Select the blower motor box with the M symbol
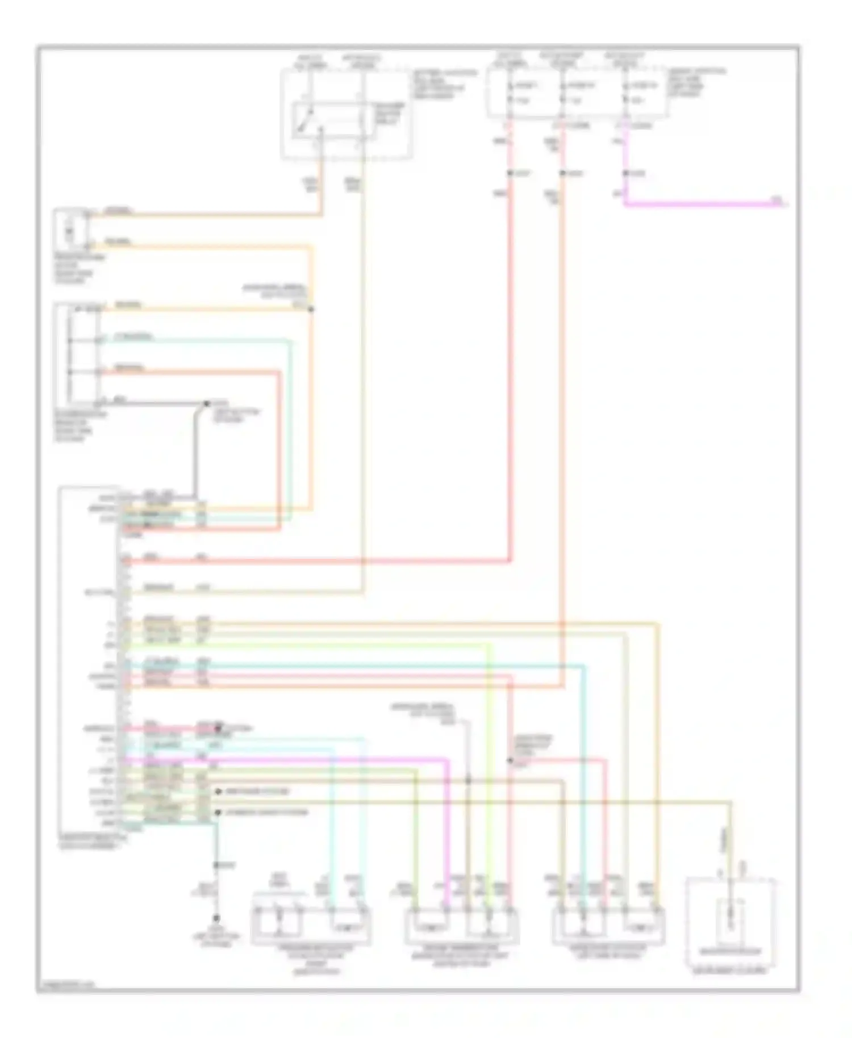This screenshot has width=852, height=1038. tap(71, 230)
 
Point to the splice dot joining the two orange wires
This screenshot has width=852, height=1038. tap(311, 309)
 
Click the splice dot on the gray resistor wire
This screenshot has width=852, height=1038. tap(207, 404)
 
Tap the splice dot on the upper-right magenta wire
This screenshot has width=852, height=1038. tap(625, 173)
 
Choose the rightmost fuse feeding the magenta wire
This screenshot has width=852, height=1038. tap(625, 94)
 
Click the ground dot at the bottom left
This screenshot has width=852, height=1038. tap(216, 918)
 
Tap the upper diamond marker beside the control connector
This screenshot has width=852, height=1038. tap(218, 792)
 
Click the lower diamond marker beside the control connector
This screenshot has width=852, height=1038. tap(218, 813)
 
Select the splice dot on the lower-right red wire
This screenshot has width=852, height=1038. tap(509, 760)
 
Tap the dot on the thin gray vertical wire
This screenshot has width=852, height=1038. tap(468, 781)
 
